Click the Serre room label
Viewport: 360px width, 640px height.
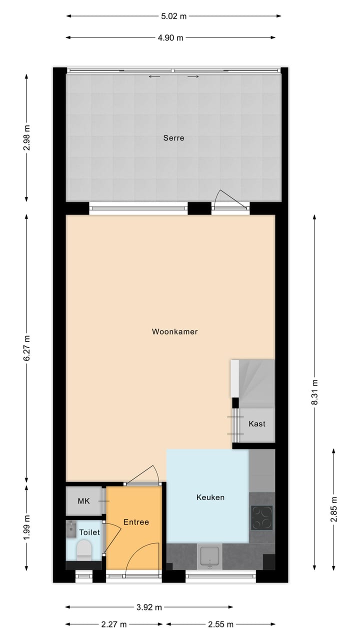pyautogui.click(x=173, y=138)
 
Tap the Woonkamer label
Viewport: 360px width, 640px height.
pyautogui.click(x=175, y=331)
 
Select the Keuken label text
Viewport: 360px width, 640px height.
pyautogui.click(x=210, y=497)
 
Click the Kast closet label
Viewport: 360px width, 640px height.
pyautogui.click(x=257, y=423)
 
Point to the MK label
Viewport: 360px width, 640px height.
pyautogui.click(x=83, y=500)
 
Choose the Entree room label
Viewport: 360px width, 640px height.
pyautogui.click(x=136, y=522)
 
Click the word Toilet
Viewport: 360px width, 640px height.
pyautogui.click(x=89, y=532)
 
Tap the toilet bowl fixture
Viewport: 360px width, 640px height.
pyautogui.click(x=84, y=549)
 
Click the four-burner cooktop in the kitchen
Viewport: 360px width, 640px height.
pyautogui.click(x=262, y=517)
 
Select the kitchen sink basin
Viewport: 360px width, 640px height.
pyautogui.click(x=210, y=556)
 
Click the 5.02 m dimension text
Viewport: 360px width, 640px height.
pyautogui.click(x=173, y=16)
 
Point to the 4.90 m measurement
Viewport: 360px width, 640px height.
pyautogui.click(x=170, y=37)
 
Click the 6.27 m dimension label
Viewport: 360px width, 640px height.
pyautogui.click(x=27, y=348)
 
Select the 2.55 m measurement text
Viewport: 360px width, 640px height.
pyautogui.click(x=220, y=624)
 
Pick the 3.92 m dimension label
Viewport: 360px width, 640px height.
pyautogui.click(x=149, y=607)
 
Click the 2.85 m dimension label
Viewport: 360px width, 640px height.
pyautogui.click(x=334, y=509)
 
